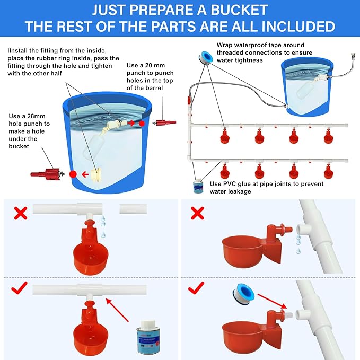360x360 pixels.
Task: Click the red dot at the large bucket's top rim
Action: coord(142,123)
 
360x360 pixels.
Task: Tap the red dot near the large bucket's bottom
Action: coord(73,173)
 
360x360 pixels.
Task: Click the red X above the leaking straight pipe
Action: coord(20,214)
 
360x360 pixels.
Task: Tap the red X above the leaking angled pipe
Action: coord(197,214)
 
